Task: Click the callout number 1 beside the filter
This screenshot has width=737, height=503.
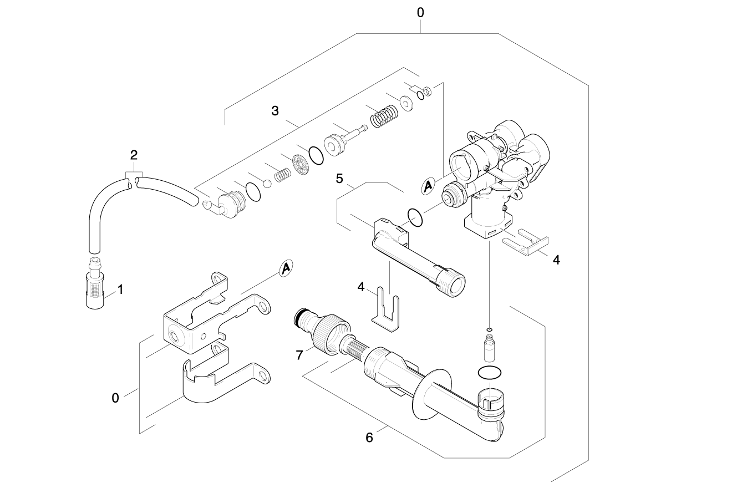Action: point(120,289)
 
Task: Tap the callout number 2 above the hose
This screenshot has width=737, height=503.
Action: point(134,154)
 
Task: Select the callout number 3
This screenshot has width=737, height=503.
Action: point(275,110)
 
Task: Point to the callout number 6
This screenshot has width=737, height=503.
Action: point(369,437)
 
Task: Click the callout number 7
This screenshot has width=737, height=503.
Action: point(300,355)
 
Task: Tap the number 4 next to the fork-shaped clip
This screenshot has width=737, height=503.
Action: point(361,287)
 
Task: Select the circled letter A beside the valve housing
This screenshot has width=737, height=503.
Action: point(428,187)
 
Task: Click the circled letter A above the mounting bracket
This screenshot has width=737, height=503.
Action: point(285,268)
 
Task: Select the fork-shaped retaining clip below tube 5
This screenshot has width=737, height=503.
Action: point(385,311)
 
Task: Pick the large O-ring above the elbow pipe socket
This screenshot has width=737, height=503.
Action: point(490,373)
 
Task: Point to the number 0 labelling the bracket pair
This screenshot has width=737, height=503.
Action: point(115,398)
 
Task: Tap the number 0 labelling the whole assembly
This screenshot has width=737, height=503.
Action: point(421,12)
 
